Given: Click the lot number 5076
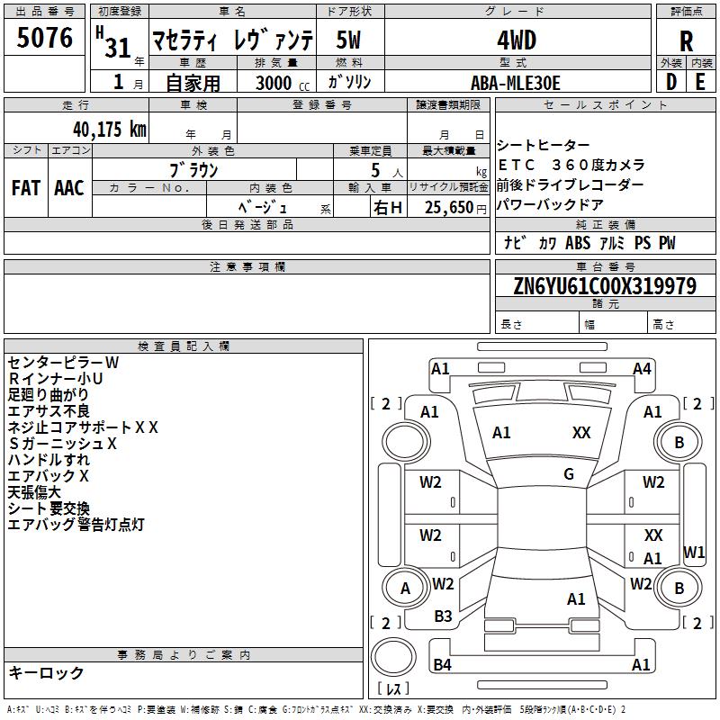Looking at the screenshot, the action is tap(44, 38).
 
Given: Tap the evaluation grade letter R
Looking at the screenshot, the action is tap(686, 41).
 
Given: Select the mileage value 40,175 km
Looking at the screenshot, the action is tap(110, 129).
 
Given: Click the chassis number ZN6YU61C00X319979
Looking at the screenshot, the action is tap(605, 285).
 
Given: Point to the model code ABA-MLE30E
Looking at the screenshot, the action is tap(516, 83).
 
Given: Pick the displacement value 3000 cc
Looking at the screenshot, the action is tap(283, 83).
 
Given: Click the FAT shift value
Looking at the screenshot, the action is tap(26, 188).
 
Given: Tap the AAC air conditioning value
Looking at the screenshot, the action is tap(69, 188).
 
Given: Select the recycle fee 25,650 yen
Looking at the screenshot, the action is tap(455, 208).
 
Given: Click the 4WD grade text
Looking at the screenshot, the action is tap(517, 40).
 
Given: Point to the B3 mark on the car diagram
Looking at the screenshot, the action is tap(443, 616).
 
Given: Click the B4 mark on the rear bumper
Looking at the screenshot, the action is tap(442, 664).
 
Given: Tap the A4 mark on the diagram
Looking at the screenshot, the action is tap(642, 369).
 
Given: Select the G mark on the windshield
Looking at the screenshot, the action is tap(569, 474).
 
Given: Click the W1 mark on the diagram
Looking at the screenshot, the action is tap(694, 552).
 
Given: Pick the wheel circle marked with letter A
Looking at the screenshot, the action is tap(405, 589).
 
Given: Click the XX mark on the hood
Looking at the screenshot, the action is tap(581, 433).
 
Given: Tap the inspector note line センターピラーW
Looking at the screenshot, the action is tap(63, 363).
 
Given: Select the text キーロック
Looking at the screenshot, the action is tap(46, 673).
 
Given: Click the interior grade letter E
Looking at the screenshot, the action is tap(700, 83).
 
